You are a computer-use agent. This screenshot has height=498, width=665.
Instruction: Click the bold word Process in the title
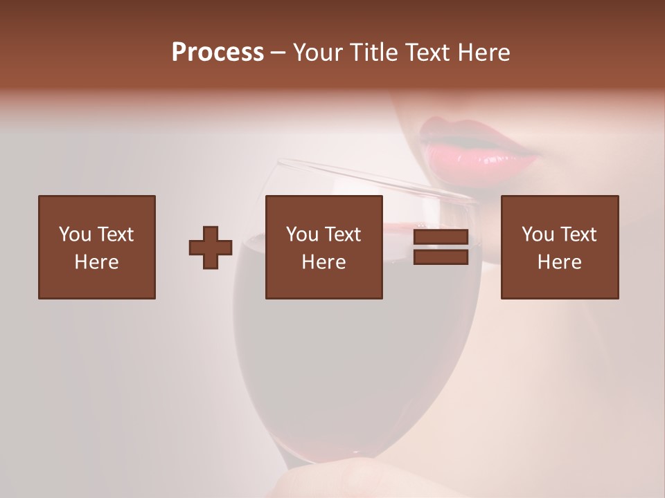218,53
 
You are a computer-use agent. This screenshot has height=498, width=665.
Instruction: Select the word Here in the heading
484,53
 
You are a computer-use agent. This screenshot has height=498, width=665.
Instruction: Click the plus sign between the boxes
211,248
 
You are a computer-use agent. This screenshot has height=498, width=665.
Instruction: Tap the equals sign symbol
441,248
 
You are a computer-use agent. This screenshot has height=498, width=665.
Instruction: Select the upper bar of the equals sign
441,237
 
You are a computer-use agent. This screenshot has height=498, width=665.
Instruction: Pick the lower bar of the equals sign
441,257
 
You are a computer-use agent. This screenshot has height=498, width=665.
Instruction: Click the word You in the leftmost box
75,234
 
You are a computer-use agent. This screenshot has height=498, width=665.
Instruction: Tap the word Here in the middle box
324,262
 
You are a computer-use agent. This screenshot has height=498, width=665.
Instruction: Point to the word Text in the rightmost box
578,234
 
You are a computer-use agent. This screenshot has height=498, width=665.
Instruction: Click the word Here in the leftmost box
97,262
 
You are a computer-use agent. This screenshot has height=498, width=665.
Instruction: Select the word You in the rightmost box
538,234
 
